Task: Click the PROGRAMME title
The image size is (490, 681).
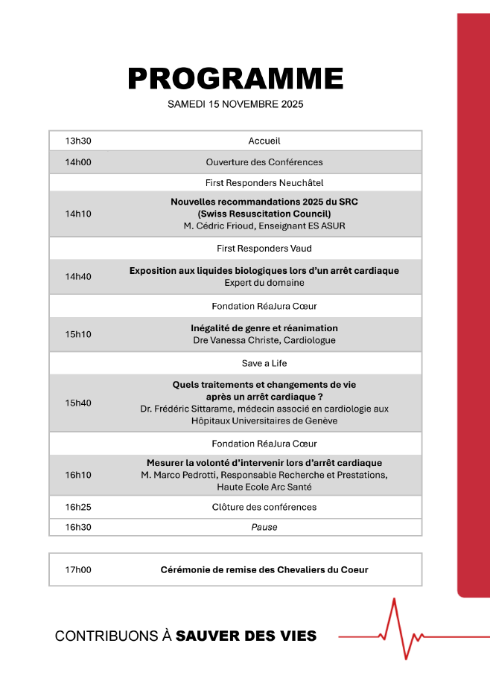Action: [x=235, y=78]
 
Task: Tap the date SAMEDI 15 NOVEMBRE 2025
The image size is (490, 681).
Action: [x=235, y=104]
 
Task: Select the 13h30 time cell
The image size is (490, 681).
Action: [x=77, y=141]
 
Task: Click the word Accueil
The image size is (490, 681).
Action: [x=264, y=141]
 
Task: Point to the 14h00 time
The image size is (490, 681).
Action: [x=77, y=162]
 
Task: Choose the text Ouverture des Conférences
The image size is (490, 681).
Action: [x=264, y=162]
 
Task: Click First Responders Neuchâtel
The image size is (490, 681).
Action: [x=264, y=182]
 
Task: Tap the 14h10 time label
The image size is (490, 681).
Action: [x=77, y=214]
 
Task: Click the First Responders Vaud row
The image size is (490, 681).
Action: [x=264, y=249]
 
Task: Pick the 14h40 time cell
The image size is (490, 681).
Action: [x=77, y=276]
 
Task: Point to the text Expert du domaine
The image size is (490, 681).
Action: [x=264, y=283]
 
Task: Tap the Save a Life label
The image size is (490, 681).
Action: [x=264, y=363]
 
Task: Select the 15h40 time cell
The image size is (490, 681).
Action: [x=77, y=403]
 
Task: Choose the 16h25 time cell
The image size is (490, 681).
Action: [x=77, y=507]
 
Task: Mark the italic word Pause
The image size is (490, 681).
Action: [x=264, y=527]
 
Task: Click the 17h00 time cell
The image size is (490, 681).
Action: [x=77, y=570]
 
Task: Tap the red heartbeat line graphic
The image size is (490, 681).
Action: [x=402, y=633]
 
